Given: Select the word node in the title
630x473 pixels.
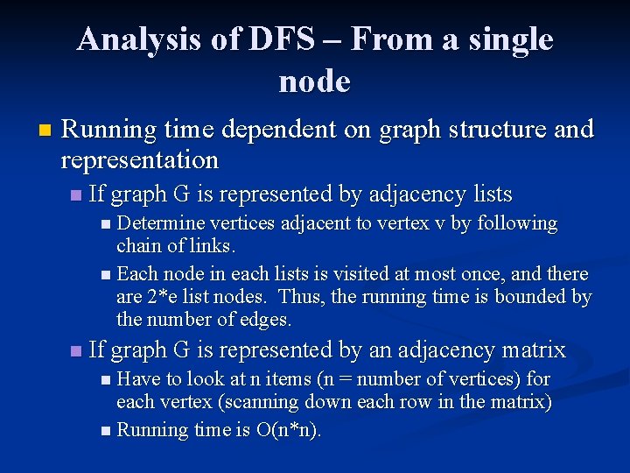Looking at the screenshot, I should (x=314, y=81).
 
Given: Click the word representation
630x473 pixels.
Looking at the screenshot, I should (x=139, y=160).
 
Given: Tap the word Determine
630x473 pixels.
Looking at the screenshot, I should (x=158, y=223).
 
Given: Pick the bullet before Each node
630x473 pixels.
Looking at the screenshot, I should (x=106, y=275).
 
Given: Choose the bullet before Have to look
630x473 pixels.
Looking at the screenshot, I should (x=106, y=380).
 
